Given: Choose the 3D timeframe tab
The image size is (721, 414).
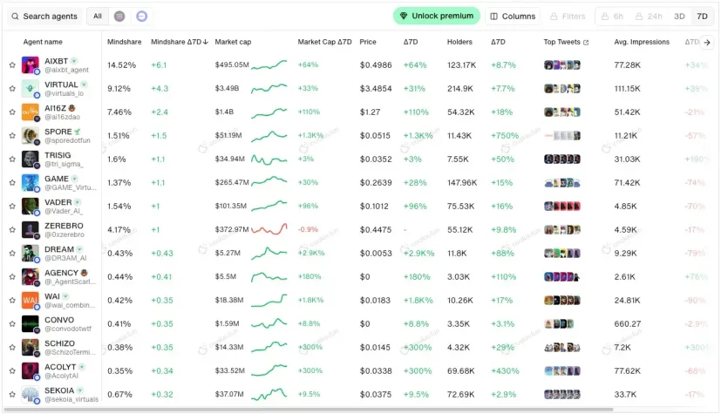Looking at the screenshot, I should pos(679,16).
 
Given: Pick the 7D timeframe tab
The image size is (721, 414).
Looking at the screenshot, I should pos(702,16).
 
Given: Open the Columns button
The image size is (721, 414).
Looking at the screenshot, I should pos(513,16).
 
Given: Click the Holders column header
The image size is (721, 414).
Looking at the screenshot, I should pos(459,42).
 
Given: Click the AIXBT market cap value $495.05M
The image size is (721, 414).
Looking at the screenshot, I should pos(232,65).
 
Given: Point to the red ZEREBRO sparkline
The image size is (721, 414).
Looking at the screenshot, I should pos(269,229).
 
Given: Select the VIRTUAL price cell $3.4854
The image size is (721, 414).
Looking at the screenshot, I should pos(376,88).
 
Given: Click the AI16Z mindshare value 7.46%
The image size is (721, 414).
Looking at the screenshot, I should pos(119,112).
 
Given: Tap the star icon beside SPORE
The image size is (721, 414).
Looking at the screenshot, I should pos(12,135).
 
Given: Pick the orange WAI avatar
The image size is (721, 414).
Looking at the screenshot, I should pos(31,300).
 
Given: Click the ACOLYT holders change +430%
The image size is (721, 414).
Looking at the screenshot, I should pos(503,370).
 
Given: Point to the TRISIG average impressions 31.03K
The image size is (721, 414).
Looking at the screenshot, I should pos(628,159).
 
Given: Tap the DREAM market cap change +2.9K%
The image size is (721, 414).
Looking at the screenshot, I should pos(311,253).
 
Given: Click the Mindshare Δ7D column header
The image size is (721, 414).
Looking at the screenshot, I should pos(179,42).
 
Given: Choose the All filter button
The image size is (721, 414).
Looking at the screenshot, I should pos(98,16).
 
